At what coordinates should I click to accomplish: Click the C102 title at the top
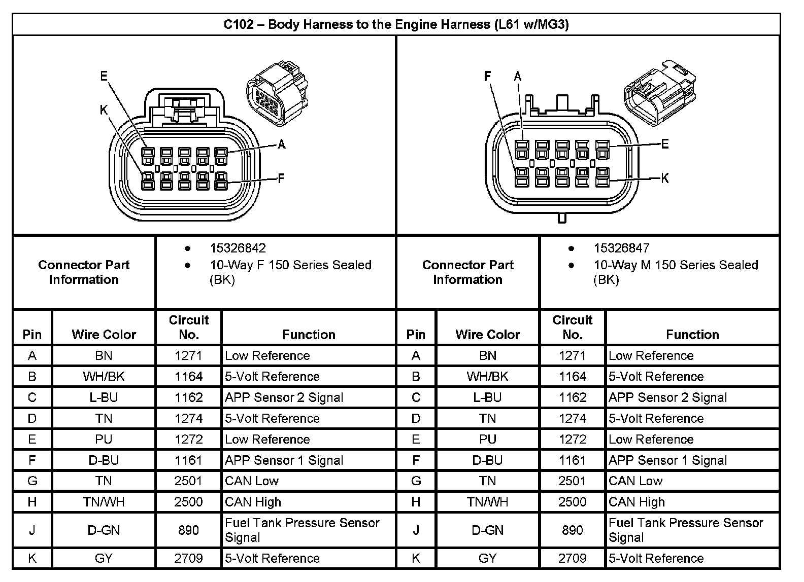pos(396,24)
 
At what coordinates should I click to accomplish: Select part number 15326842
pos(238,248)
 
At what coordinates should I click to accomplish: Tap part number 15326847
pos(621,248)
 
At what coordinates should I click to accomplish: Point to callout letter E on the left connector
pos(104,77)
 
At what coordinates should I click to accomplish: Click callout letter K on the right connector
pos(664,178)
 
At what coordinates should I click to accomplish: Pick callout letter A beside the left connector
pos(281,145)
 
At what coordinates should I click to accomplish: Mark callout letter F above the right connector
pos(488,77)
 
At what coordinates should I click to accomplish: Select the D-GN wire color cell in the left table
pos(104,530)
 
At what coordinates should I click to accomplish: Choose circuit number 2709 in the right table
pos(572,558)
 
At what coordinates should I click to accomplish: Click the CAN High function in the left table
pos(253,502)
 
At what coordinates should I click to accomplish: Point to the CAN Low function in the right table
pos(635,481)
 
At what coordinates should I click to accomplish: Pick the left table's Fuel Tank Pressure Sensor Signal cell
pos(302,530)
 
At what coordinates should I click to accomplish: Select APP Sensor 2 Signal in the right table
pos(667,397)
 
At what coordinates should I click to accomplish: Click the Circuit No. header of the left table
pos(188,327)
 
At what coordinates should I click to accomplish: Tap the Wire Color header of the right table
pos(487,335)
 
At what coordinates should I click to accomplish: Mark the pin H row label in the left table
pos(32,502)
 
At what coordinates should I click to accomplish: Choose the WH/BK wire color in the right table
pos(487,377)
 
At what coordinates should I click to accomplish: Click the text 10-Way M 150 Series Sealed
pos(676,265)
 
